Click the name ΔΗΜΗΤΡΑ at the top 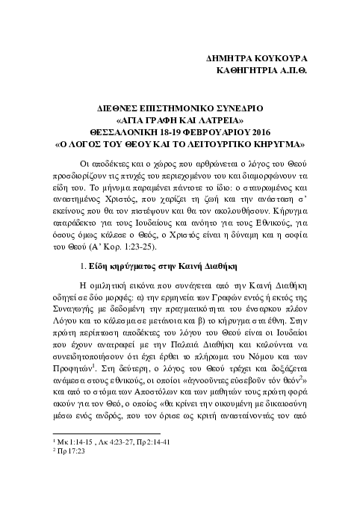tap(235, 58)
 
